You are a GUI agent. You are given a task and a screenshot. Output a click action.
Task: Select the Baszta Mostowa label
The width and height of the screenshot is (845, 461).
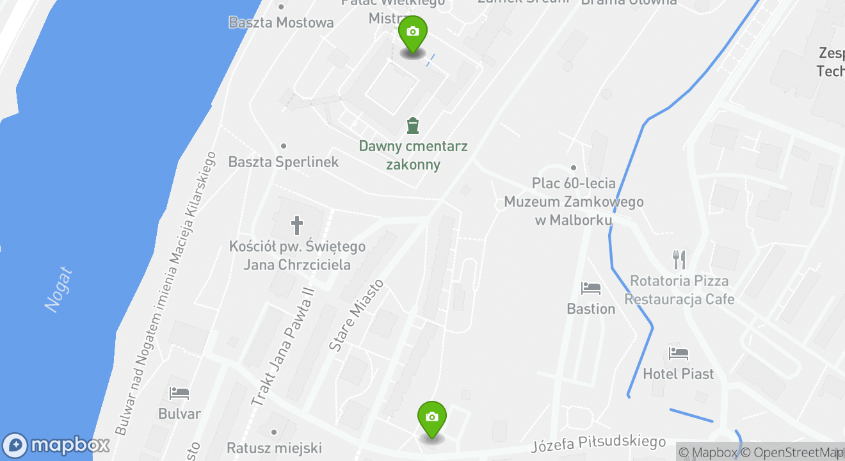[x=281, y=22]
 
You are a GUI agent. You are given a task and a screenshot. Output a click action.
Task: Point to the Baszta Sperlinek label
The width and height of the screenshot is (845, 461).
[x=284, y=162]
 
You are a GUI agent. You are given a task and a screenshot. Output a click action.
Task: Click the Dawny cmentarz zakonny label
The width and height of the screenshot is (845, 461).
[x=413, y=156]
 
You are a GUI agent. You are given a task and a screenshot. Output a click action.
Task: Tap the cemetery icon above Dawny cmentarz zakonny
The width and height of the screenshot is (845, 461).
[x=413, y=125]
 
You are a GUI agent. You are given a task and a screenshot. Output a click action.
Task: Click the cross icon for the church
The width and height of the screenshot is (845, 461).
[x=297, y=225]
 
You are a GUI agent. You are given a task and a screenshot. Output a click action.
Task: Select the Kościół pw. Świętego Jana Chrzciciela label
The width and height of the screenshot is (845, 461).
[x=298, y=255]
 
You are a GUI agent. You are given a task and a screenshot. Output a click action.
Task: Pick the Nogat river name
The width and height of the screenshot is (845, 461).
[x=59, y=290]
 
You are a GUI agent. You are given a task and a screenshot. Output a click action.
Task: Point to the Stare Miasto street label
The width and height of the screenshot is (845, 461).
[x=356, y=315]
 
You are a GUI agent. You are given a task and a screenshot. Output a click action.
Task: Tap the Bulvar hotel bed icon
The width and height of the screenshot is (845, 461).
[x=179, y=392]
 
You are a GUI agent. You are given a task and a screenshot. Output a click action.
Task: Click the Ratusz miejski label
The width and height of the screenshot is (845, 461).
[x=274, y=448]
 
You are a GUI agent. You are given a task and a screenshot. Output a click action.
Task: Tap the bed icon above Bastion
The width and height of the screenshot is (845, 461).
[x=590, y=289]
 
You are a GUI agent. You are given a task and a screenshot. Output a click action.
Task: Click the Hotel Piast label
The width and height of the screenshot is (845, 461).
[x=678, y=373]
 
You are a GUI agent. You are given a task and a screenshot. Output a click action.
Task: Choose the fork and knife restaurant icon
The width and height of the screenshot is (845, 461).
[x=679, y=259]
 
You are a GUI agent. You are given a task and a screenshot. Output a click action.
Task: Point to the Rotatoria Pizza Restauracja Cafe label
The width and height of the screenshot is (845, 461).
[x=679, y=290]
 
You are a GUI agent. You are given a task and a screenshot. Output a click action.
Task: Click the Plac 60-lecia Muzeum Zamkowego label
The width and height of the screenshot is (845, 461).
[x=574, y=202]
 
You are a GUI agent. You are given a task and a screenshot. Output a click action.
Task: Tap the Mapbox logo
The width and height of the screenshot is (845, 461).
[x=56, y=445]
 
